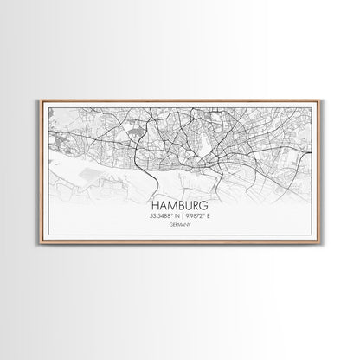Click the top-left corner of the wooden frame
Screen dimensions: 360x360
point(40,100)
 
